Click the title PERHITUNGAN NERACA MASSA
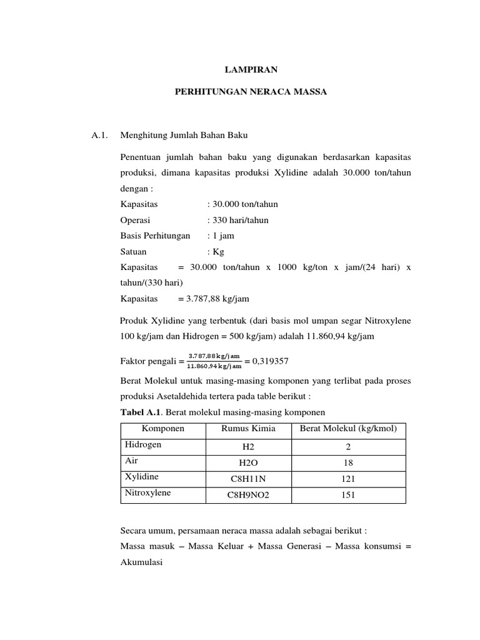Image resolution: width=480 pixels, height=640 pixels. point(250,92)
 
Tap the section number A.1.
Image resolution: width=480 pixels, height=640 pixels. point(100,134)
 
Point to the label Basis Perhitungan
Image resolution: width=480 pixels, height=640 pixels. point(155,236)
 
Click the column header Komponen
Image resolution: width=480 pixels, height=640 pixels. point(163,428)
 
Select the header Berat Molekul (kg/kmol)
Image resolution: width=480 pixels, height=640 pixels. point(349,428)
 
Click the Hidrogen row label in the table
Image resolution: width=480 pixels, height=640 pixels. point(143,444)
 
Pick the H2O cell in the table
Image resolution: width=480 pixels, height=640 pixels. point(248,462)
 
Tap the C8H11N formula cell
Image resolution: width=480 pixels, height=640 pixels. point(248,479)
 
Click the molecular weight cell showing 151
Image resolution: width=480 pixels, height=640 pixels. point(349,495)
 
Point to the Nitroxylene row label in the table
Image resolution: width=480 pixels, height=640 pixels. point(148,492)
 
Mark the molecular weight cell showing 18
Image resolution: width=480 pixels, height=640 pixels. point(349,462)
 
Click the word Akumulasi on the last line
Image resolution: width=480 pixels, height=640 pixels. point(141,562)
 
